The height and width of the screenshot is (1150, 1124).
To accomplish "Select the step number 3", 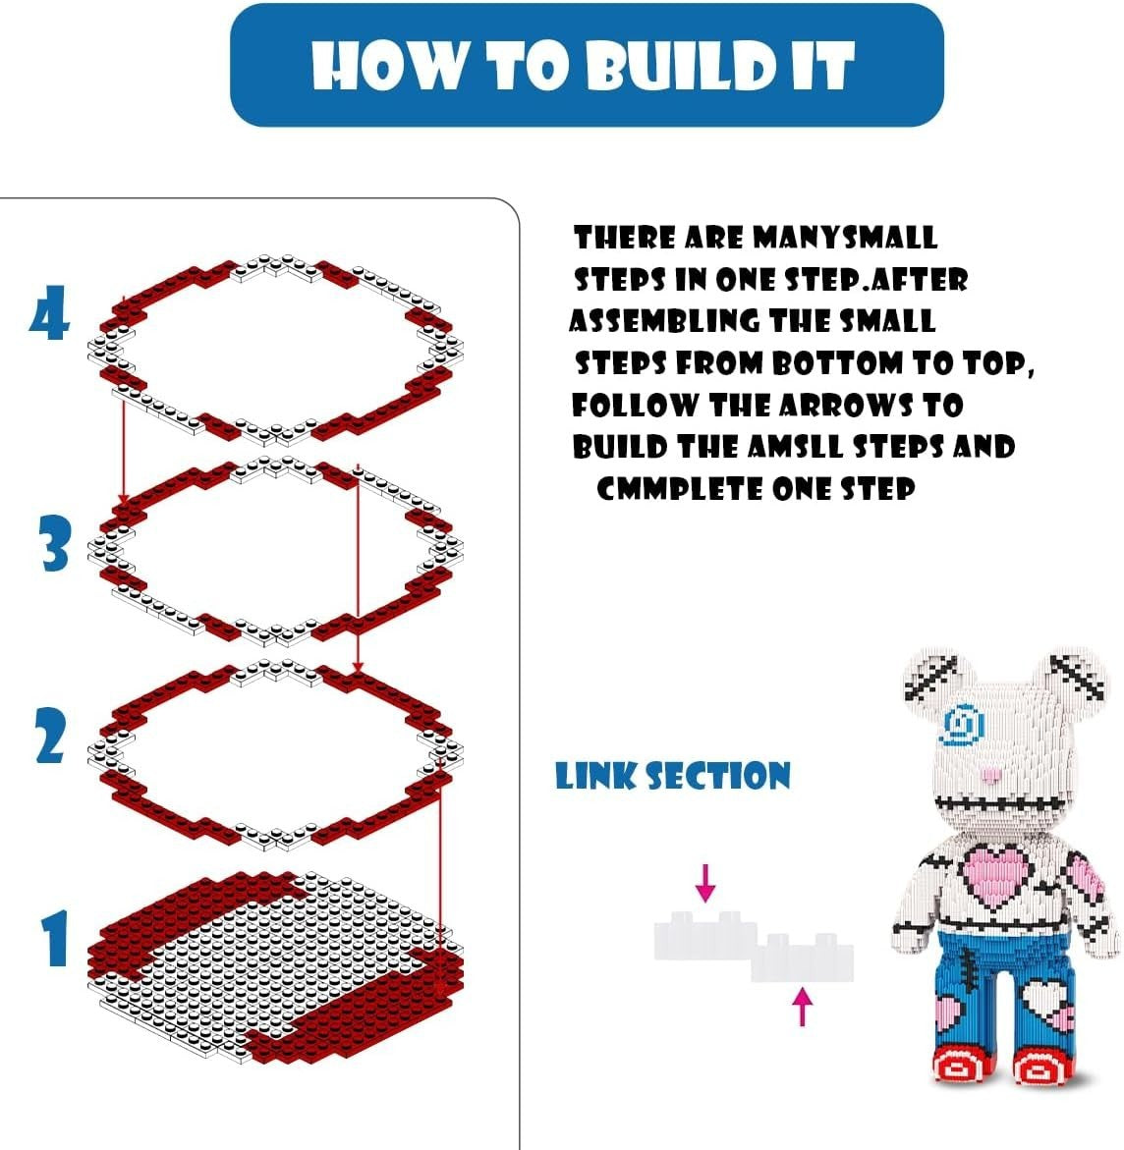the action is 55,543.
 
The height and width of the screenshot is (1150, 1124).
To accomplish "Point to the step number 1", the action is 55,938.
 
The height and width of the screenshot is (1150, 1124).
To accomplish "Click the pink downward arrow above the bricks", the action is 705,882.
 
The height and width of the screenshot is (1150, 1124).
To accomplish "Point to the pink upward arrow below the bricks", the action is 803,1007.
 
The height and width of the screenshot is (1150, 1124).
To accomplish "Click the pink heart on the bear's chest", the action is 997,873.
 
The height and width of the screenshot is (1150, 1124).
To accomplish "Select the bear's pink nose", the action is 990,775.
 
